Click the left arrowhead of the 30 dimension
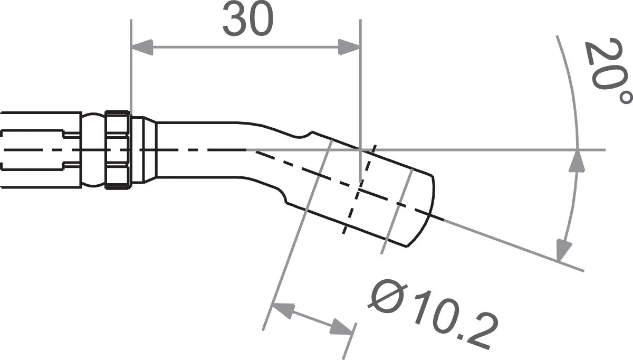tap(141, 48)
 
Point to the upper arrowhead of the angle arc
tap(579, 160)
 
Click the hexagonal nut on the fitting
tap(118, 149)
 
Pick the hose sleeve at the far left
tap(40, 149)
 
